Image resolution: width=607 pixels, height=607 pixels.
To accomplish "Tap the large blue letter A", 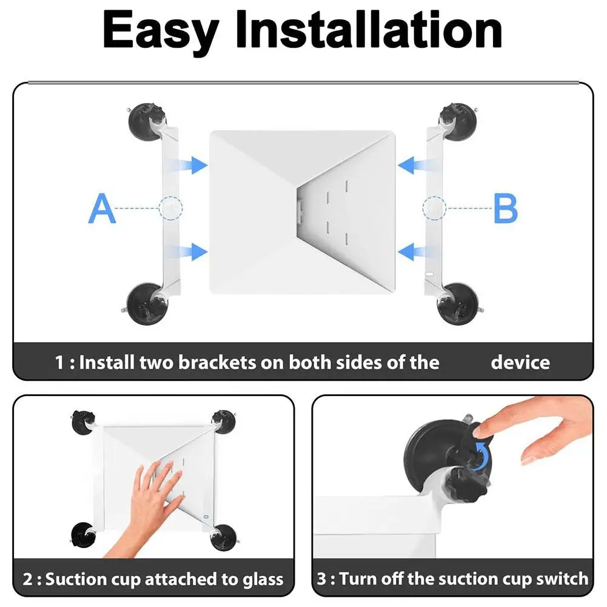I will pos(102,208).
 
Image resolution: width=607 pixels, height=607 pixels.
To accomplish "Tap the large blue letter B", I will pos(505,208).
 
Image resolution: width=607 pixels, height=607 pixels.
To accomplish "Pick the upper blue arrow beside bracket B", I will pos(415,164).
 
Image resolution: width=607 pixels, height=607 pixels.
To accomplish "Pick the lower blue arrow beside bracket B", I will pos(415,250).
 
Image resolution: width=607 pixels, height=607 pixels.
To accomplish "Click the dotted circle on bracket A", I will pos(172,208).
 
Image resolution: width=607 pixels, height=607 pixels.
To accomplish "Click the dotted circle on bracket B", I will pos(434,208).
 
